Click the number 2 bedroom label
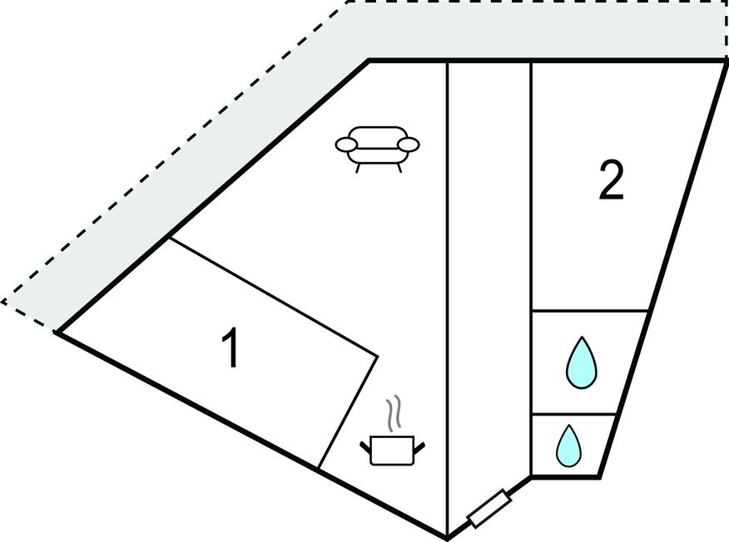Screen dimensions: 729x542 [611, 180]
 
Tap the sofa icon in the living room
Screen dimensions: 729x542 [377, 149]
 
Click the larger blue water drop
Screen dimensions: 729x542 [581, 363]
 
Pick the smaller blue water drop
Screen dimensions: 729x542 [568, 446]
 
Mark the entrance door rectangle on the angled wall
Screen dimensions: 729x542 [489, 508]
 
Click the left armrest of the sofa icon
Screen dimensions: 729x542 [346, 145]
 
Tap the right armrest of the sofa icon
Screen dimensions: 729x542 [409, 145]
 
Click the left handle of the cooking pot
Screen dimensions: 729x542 [365, 447]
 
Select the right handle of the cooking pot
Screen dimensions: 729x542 [419, 447]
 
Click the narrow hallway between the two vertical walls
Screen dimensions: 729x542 [488, 278]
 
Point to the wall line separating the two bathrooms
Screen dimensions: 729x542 [573, 414]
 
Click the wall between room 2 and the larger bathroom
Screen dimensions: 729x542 [590, 310]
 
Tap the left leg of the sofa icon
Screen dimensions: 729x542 [358, 168]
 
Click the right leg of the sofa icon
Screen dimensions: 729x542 [399, 168]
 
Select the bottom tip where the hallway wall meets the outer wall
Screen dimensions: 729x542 [447, 539]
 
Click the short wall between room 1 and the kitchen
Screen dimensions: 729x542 [347, 412]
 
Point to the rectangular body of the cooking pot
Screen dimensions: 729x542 [392, 450]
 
